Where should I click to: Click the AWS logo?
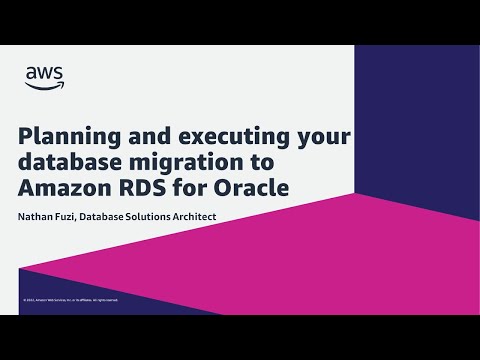44,76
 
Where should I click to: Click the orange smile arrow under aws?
45,85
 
